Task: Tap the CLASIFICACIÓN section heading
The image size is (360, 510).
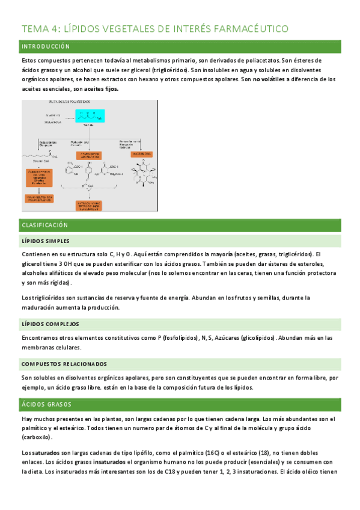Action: click(x=45, y=225)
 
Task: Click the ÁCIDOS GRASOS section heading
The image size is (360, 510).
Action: click(x=46, y=404)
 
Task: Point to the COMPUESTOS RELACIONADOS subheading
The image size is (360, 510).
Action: click(x=64, y=364)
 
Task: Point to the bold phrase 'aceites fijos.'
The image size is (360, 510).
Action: click(x=102, y=89)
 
